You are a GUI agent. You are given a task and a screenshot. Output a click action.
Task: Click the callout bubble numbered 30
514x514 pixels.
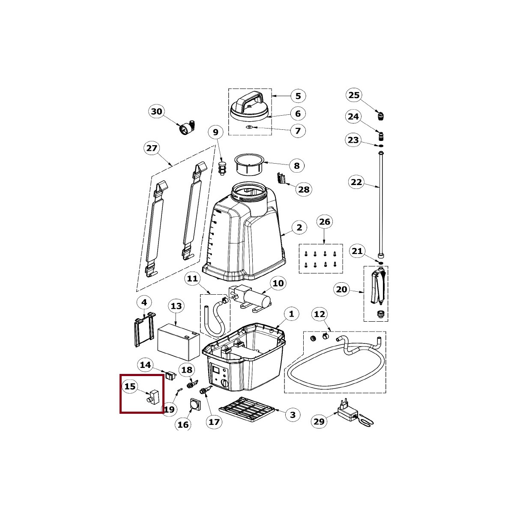click(157, 111)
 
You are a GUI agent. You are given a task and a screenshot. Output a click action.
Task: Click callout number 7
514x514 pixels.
click(298, 131)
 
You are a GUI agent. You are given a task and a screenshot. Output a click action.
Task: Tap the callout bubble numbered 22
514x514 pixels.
click(356, 182)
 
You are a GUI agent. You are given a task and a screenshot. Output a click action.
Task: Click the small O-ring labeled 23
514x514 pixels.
click(381, 146)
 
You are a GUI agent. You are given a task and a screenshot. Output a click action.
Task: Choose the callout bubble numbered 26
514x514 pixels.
click(324, 221)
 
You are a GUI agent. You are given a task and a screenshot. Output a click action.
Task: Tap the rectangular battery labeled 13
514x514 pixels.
click(179, 342)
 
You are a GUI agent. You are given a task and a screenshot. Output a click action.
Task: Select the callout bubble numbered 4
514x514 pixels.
click(144, 302)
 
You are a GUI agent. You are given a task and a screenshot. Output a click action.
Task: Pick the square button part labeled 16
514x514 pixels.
click(195, 405)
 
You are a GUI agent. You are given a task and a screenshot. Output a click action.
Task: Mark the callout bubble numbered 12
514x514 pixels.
click(320, 314)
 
